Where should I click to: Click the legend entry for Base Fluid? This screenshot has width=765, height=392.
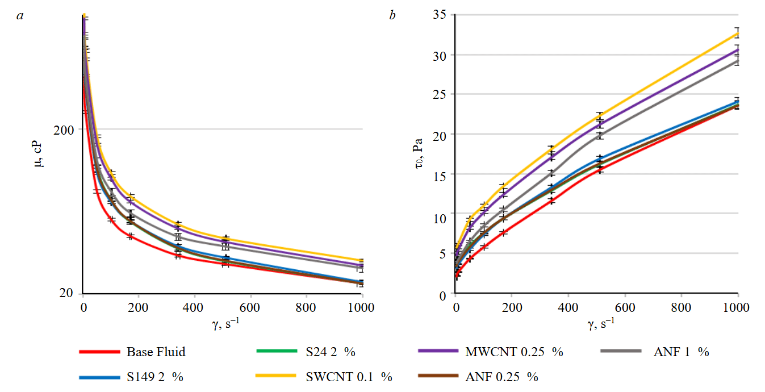pyautogui.click(x=155, y=352)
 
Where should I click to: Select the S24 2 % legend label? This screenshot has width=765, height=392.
pyautogui.click(x=326, y=352)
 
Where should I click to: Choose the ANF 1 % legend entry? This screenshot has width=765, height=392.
pyautogui.click(x=680, y=352)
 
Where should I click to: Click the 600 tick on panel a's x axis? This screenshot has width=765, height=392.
pyautogui.click(x=250, y=307)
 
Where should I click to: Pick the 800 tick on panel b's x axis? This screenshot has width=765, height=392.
pyautogui.click(x=681, y=307)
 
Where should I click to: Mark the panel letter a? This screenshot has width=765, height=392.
pyautogui.click(x=20, y=15)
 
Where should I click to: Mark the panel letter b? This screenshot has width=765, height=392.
pyautogui.click(x=392, y=15)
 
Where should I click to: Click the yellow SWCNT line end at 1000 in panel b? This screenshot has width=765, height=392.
pyautogui.click(x=737, y=32)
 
